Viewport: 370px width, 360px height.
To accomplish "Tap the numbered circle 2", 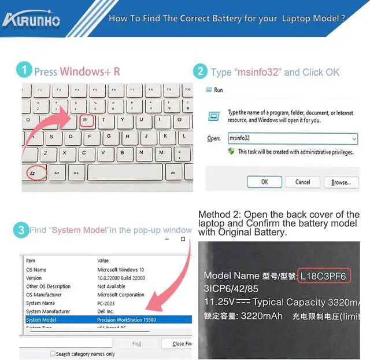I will [200, 72].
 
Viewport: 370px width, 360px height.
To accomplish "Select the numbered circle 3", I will [21, 230].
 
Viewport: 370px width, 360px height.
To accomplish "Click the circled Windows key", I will [36, 173].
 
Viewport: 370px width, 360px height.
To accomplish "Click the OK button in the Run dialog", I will [264, 182].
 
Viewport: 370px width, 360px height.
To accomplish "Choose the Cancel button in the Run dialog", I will [302, 182].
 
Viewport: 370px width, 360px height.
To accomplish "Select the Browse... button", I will [341, 182].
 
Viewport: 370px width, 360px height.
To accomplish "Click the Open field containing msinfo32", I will [292, 139].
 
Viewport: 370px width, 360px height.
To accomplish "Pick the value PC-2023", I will [108, 303].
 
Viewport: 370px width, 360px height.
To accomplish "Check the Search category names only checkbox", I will [53, 354].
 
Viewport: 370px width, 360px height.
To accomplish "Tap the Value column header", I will [103, 261].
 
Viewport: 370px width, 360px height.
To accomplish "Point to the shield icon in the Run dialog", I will [231, 152].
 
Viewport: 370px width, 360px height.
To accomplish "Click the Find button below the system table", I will [136, 344].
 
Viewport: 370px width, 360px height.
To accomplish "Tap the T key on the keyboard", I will [104, 121].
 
